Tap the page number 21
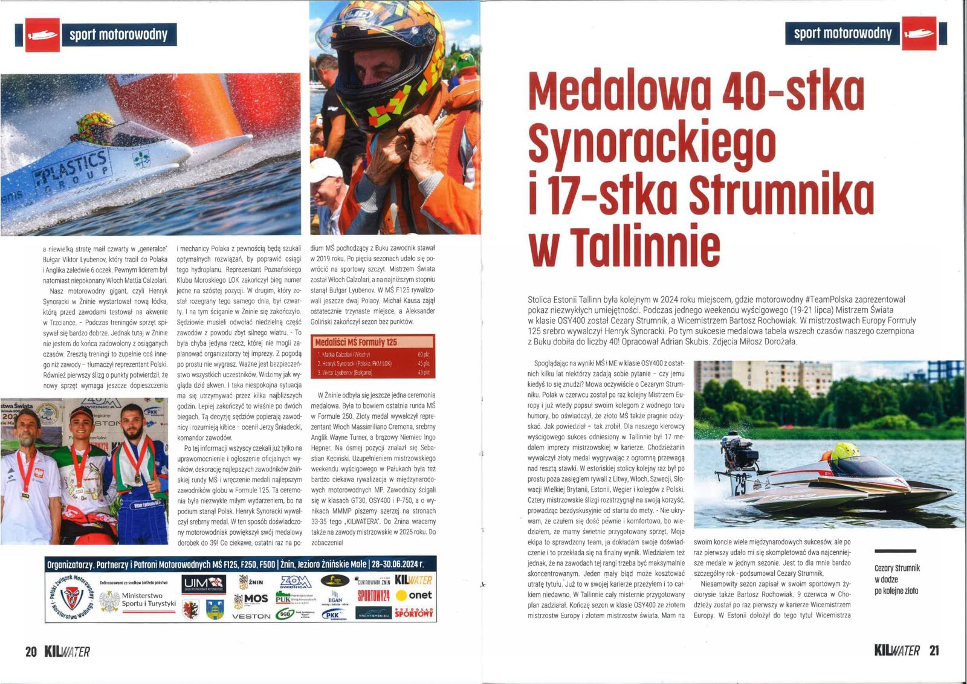934,650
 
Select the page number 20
31,651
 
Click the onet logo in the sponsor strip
414,595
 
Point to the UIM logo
204,584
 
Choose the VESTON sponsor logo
251,616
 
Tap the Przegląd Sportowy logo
414,612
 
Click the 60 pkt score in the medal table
423,355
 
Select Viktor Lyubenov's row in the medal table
373,373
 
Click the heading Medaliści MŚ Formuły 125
357,342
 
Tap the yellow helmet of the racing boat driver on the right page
845,451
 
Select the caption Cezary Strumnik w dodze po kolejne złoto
897,579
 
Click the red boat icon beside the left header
42,35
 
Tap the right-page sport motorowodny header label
842,33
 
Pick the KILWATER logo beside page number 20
67,651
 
